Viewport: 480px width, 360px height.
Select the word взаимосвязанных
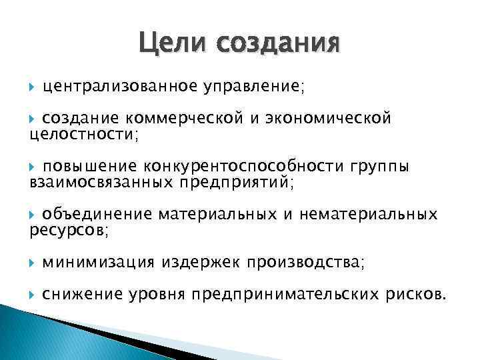click(x=99, y=182)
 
